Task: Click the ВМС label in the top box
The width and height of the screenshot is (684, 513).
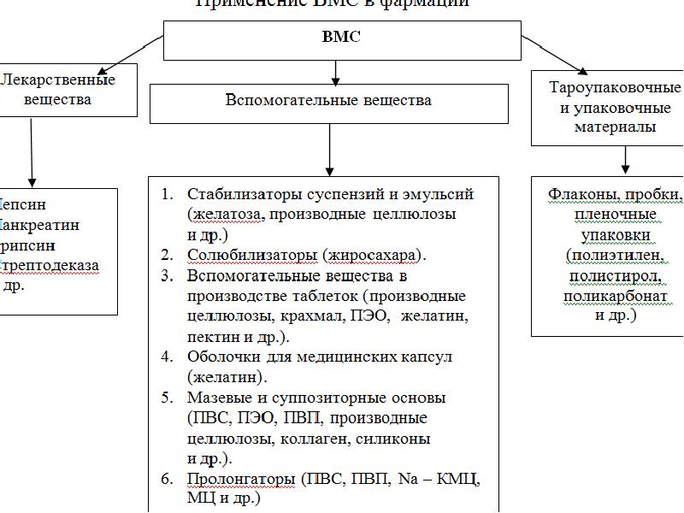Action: [x=341, y=38]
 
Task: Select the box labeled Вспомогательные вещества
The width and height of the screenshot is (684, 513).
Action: [x=328, y=101]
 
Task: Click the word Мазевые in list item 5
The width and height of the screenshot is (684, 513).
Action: [x=218, y=398]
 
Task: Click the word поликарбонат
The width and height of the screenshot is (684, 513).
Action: [x=616, y=297]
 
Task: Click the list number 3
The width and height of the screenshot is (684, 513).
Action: [x=167, y=275]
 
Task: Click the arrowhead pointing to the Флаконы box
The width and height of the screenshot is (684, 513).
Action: [x=625, y=169]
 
